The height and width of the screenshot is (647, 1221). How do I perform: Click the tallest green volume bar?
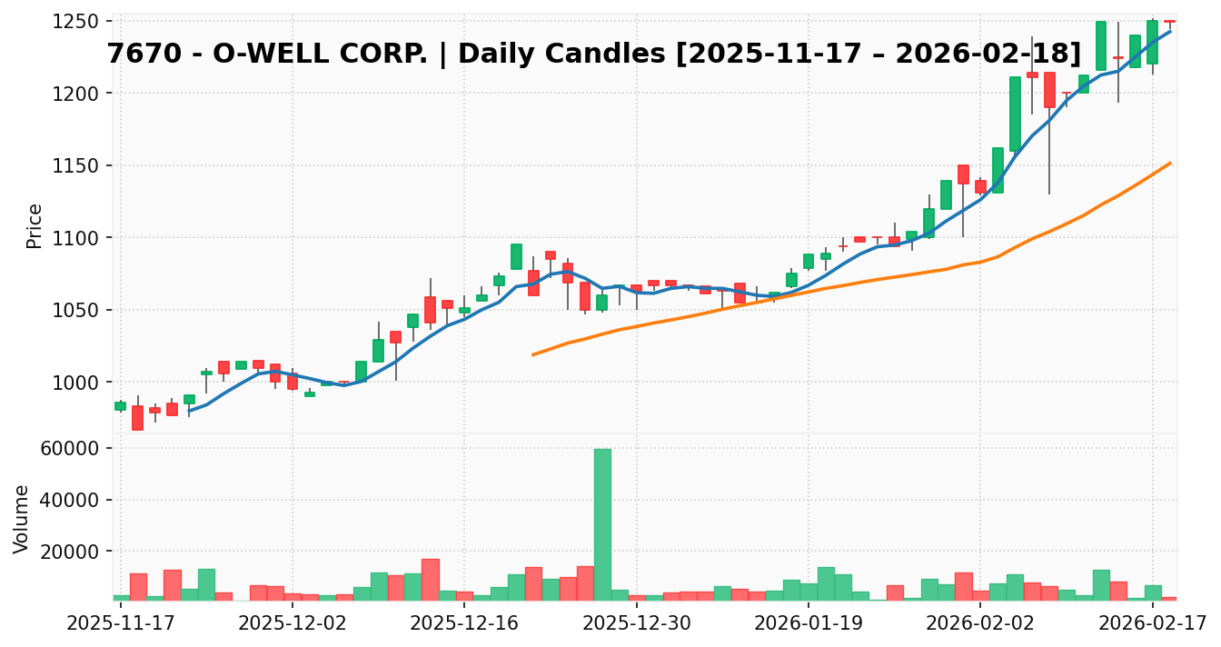pos(602,523)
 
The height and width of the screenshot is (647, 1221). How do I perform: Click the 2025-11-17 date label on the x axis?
pos(120,623)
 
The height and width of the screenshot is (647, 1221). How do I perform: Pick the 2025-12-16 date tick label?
pos(464,623)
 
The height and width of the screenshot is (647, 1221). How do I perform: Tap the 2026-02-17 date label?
pos(1153,623)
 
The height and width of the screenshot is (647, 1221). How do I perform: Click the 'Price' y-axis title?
pos(35,225)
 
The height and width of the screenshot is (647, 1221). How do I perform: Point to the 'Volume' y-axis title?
pos(22,519)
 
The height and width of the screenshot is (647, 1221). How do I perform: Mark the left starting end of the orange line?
pos(533,354)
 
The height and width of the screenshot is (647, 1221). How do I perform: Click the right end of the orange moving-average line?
pos(1170,163)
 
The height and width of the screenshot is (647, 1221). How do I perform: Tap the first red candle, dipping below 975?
pos(137,417)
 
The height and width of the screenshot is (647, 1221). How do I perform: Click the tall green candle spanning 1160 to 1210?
pos(1015,114)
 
